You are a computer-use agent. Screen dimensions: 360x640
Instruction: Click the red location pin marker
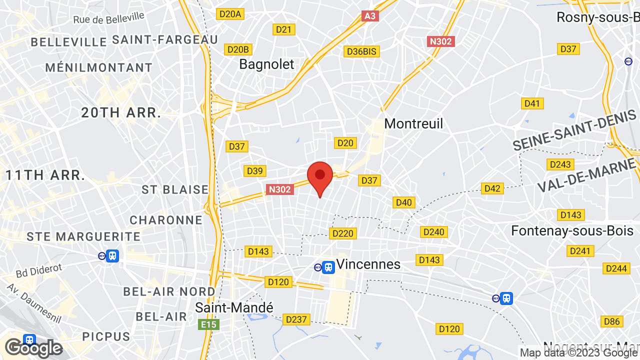320,177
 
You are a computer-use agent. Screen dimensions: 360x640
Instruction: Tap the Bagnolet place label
266,64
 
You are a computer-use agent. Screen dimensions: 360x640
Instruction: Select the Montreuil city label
413,123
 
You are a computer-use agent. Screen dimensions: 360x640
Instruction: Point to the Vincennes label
368,264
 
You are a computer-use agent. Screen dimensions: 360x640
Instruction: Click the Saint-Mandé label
234,307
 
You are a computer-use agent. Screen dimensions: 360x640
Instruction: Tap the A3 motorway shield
369,16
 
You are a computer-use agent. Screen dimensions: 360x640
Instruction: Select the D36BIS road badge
362,51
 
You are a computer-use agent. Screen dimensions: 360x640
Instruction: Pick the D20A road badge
230,14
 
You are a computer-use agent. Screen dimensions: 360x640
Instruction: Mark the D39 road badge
254,171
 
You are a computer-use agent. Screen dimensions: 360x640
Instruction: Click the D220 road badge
342,233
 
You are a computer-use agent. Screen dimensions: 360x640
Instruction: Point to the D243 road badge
560,164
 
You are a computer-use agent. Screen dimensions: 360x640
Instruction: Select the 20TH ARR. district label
121,113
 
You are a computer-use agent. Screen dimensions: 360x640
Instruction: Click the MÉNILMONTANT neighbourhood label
99,67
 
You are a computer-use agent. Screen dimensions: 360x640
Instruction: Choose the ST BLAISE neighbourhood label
175,189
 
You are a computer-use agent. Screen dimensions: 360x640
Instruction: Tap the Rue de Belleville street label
108,18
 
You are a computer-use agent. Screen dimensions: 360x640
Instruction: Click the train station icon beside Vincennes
328,267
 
